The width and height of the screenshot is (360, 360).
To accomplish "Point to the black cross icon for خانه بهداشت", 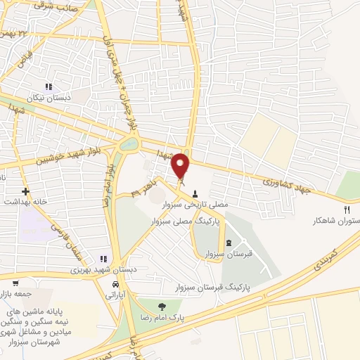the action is point(25,191).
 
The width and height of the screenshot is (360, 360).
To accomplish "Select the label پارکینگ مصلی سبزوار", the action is point(184,221).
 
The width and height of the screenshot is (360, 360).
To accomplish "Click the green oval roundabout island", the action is point(129,145).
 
